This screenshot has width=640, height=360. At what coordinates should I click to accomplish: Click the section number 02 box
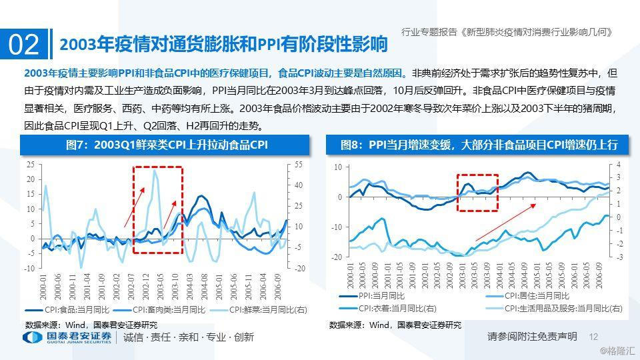[x=24, y=45]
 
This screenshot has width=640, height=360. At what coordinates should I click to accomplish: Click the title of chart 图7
[x=166, y=145]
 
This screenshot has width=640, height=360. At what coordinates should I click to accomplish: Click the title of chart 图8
[x=478, y=145]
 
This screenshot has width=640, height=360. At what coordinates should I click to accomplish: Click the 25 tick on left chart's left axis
[x=30, y=164]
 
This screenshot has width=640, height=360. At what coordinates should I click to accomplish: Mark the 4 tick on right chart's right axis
[x=618, y=164]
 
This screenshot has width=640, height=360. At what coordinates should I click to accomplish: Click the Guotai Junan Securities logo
[x=67, y=337]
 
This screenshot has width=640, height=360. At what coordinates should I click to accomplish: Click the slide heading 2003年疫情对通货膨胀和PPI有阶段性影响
[x=223, y=45]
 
